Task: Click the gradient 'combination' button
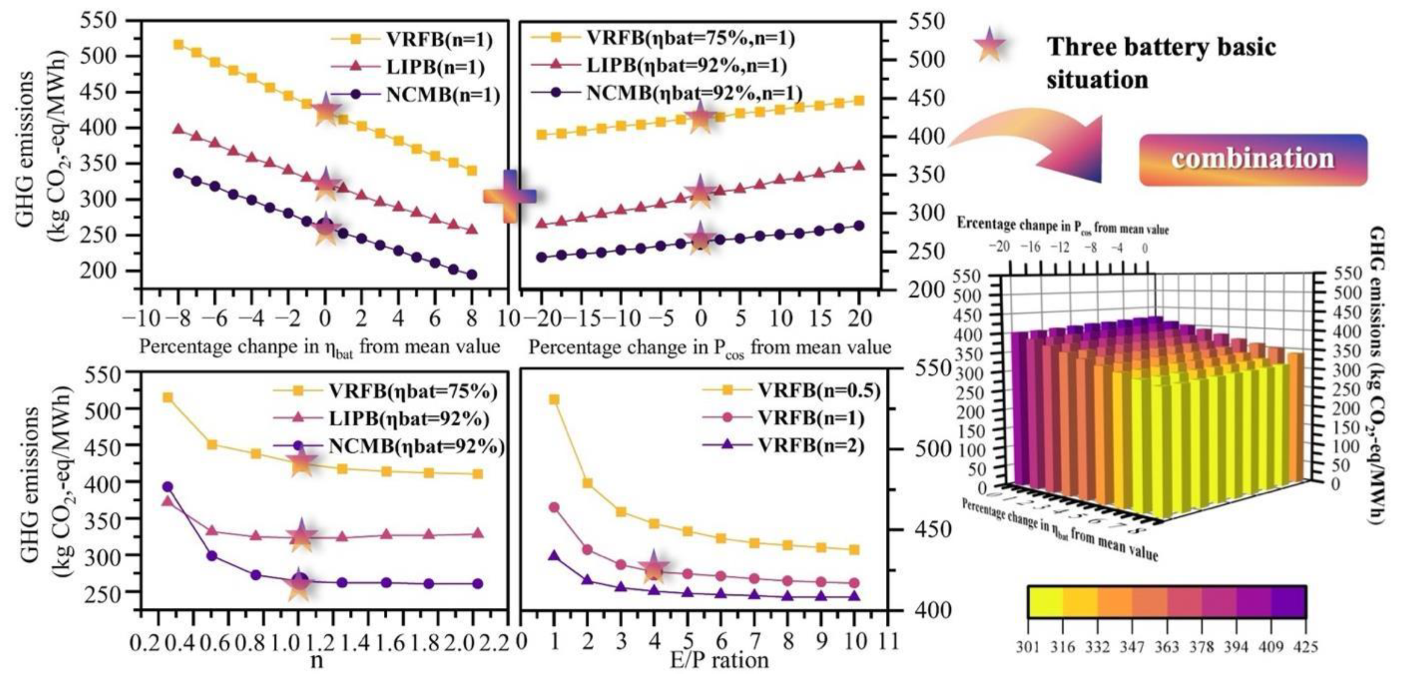coord(1253,159)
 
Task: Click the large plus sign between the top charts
coord(509,196)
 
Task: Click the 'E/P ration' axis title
coord(719,661)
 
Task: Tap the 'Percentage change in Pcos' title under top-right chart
coord(710,348)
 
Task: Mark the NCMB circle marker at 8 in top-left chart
coord(472,275)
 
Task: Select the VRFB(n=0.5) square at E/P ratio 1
coord(554,399)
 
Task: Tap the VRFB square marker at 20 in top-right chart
coord(859,100)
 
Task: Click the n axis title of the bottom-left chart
coord(316,661)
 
